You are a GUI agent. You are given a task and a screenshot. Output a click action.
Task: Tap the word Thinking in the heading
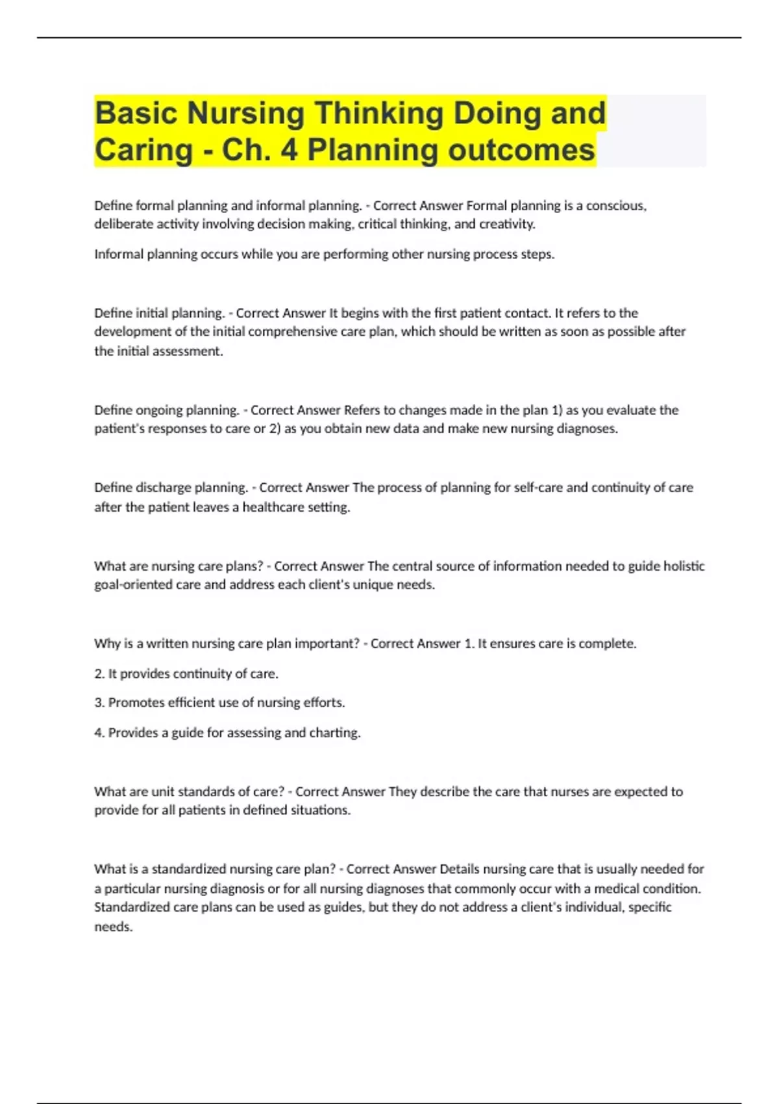pyautogui.click(x=379, y=113)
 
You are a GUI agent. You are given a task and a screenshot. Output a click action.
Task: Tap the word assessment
pyautogui.click(x=191, y=351)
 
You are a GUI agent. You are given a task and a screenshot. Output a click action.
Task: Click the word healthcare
pyautogui.click(x=273, y=507)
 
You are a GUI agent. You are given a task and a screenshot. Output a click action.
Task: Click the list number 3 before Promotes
pyautogui.click(x=99, y=703)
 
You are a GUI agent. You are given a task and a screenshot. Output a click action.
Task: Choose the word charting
pyautogui.click(x=334, y=733)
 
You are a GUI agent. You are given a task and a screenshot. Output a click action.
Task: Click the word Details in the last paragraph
pyautogui.click(x=460, y=869)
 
